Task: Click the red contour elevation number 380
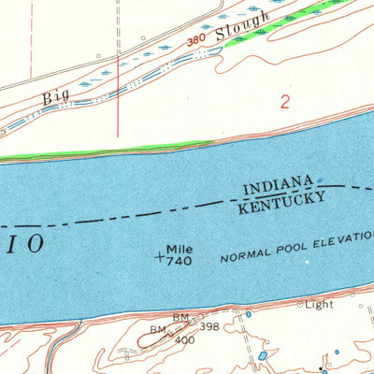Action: pos(194,42)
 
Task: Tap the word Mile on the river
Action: pos(180,250)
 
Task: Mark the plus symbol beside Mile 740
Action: pos(159,255)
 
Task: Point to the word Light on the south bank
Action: pos(322,304)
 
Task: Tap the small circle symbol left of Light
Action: pos(301,304)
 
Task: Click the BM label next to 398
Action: pos(180,318)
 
